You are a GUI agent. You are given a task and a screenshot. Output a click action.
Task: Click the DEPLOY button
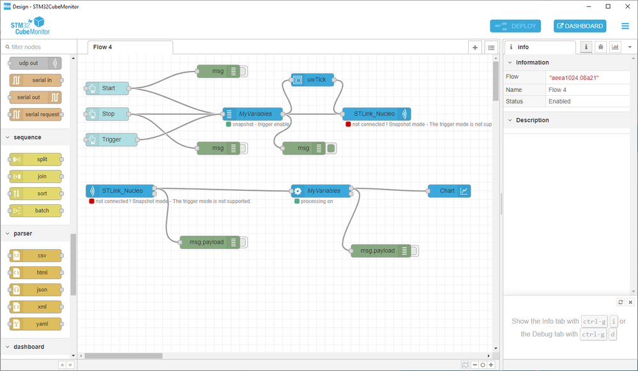pos(515,26)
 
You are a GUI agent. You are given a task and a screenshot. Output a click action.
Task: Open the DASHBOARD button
pos(579,26)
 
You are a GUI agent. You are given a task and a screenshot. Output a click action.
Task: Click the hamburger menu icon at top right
pos(625,26)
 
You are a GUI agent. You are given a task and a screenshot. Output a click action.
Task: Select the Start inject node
pos(108,88)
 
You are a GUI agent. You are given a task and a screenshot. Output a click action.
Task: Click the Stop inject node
pos(108,114)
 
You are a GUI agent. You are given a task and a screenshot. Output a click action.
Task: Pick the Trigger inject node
pos(112,139)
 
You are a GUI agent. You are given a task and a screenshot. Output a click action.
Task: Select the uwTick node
pos(313,80)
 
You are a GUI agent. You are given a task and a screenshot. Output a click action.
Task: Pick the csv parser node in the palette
pos(35,255)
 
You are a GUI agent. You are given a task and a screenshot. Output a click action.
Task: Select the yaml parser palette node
pos(35,324)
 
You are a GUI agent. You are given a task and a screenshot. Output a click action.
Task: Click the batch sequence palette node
pos(35,210)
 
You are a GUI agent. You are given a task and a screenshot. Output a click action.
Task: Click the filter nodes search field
pos(38,47)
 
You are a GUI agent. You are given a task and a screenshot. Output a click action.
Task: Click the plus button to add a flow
pos(475,47)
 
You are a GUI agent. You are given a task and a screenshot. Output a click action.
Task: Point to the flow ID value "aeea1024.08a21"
pos(573,77)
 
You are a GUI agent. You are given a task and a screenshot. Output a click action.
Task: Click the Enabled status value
pos(559,102)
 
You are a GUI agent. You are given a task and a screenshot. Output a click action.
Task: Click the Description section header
pos(533,120)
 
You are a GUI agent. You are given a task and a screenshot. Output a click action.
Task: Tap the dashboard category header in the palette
pos(29,347)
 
